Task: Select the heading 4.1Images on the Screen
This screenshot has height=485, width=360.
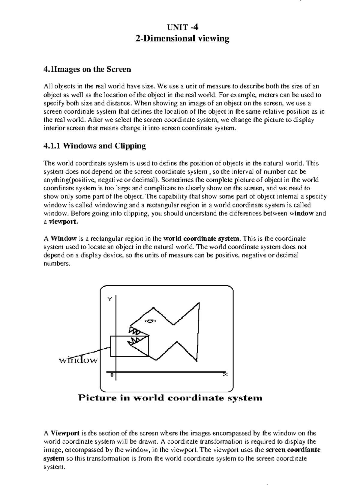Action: click(x=87, y=70)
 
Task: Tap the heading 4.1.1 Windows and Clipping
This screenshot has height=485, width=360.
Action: click(x=94, y=146)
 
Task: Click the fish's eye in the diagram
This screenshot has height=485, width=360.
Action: click(x=150, y=321)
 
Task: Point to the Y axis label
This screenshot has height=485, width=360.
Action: click(x=110, y=299)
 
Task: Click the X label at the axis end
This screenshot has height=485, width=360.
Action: click(x=225, y=374)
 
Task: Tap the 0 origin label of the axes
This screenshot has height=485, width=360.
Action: click(x=112, y=375)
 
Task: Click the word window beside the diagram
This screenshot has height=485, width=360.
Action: click(x=78, y=360)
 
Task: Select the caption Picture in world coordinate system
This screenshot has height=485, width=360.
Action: click(x=170, y=398)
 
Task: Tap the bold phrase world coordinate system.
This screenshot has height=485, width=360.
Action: click(x=202, y=239)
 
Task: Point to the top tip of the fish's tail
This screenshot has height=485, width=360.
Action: click(x=199, y=303)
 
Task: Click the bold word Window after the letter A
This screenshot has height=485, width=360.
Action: click(x=64, y=239)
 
